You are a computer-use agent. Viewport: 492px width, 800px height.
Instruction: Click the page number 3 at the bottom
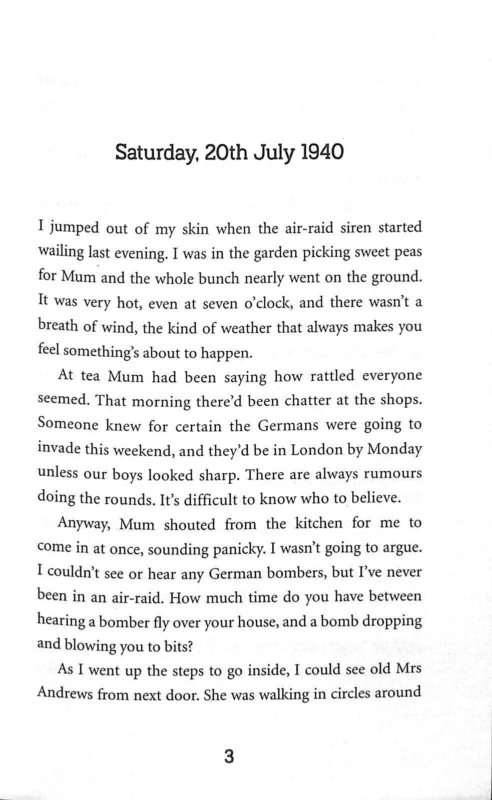click(x=229, y=756)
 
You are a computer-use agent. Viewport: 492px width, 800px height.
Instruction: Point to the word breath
click(x=58, y=326)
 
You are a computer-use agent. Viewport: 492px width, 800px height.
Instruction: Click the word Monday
click(x=394, y=449)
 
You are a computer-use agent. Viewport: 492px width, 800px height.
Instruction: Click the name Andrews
click(x=64, y=694)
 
